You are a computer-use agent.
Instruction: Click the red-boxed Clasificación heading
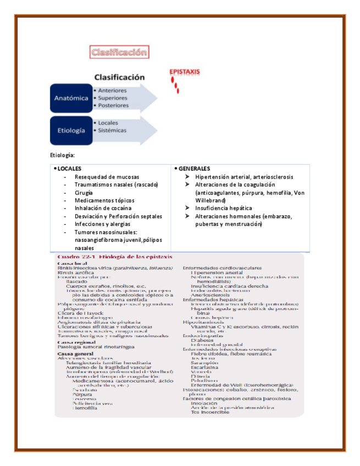click(x=119, y=53)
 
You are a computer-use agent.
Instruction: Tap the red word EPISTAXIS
click(x=185, y=72)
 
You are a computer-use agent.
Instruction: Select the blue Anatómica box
click(x=71, y=98)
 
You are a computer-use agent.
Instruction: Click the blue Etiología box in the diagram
click(x=71, y=131)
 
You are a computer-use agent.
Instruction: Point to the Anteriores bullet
click(x=112, y=90)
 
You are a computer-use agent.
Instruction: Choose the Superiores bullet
click(x=113, y=98)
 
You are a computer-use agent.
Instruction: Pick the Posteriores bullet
click(x=113, y=105)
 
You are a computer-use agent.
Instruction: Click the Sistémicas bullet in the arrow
click(x=112, y=130)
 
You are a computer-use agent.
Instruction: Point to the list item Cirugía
click(x=84, y=192)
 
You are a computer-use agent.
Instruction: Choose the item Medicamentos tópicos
click(x=104, y=201)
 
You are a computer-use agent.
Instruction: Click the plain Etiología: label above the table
click(x=62, y=156)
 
